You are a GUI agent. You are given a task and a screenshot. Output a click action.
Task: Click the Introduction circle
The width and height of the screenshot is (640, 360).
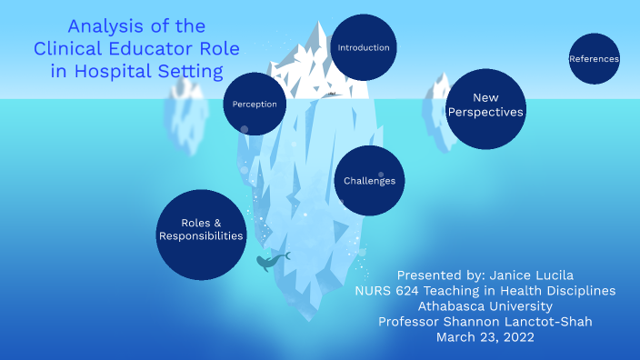point(363,47)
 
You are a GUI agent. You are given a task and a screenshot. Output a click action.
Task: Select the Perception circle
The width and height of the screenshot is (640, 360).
point(254,104)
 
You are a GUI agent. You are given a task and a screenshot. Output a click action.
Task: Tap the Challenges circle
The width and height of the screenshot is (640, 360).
point(369,181)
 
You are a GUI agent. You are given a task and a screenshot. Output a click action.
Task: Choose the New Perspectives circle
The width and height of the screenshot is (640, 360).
point(486,105)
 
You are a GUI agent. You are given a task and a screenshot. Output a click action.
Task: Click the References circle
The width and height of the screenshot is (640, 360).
point(594,59)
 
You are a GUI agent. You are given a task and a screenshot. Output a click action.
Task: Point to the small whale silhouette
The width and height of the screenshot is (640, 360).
point(270,262)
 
